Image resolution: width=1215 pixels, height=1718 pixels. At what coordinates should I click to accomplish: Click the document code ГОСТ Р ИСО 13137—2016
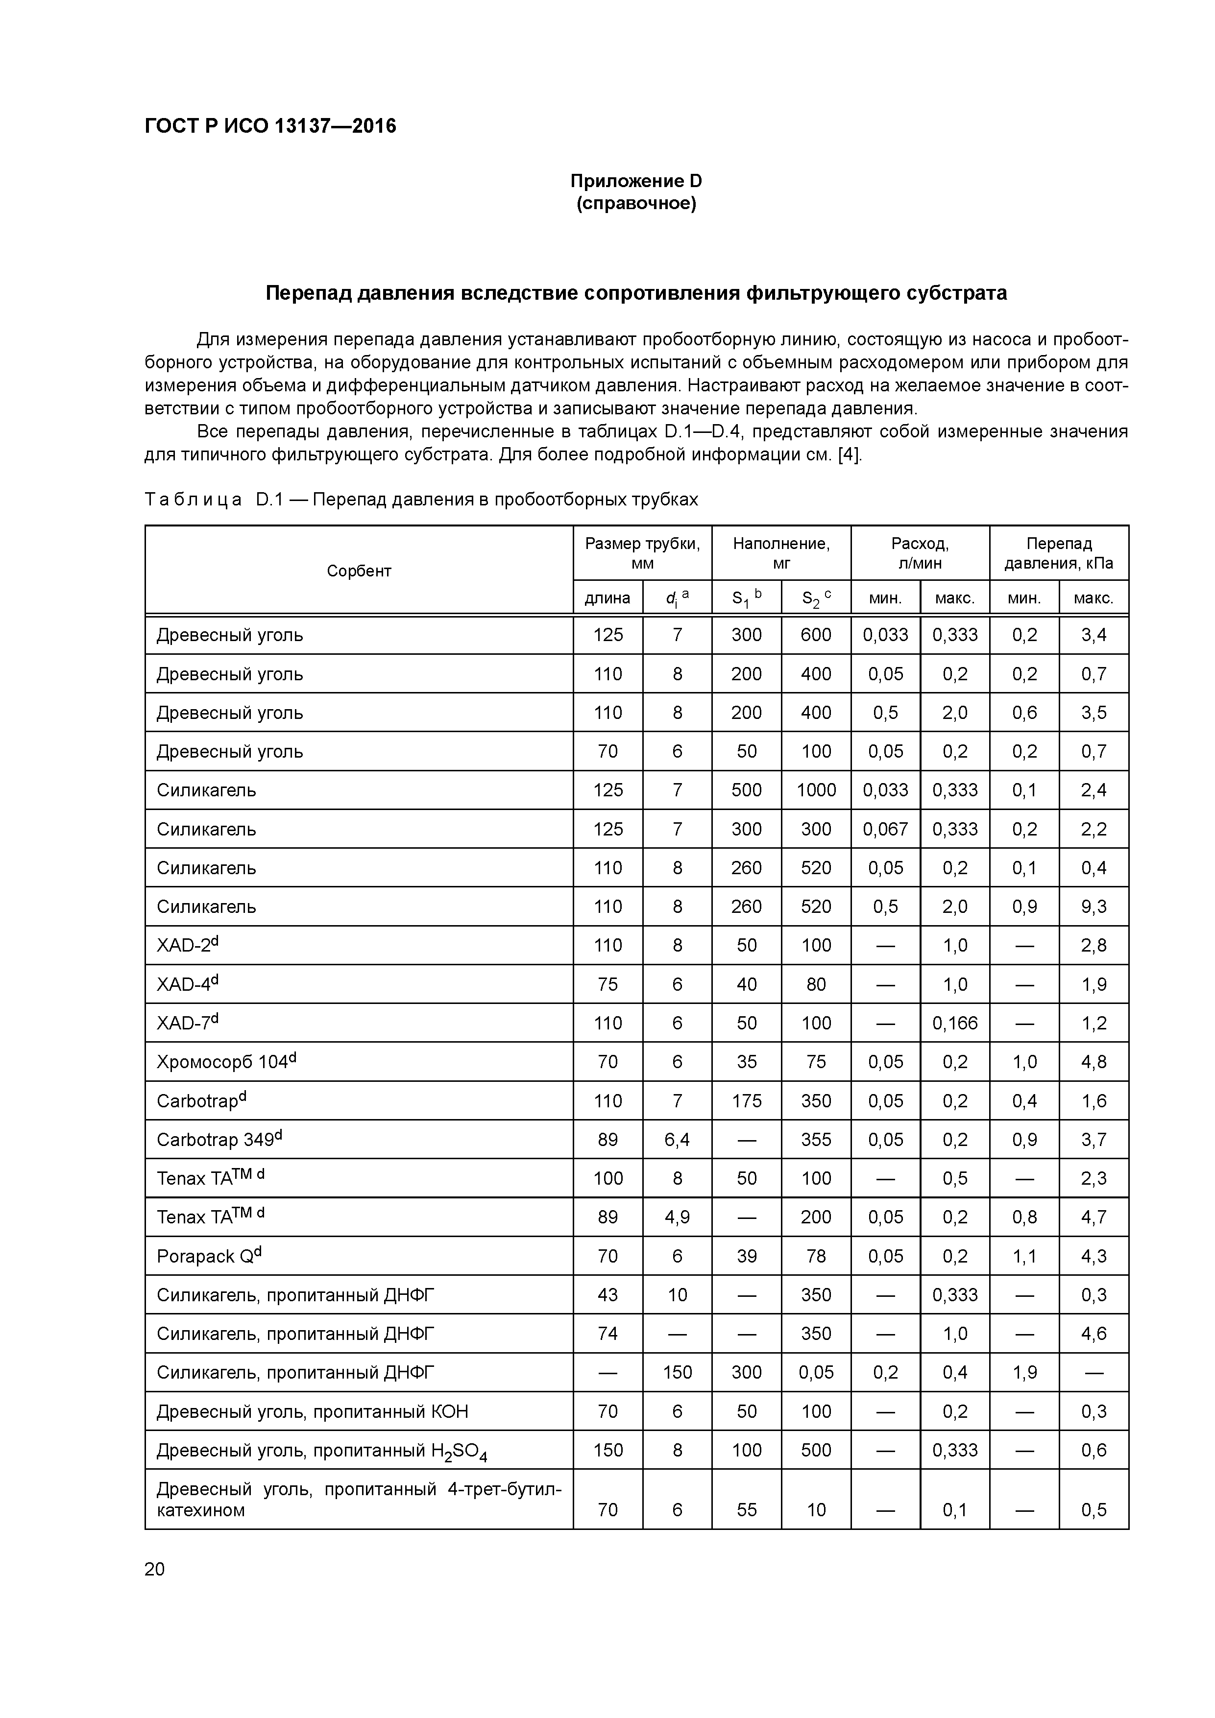(x=270, y=126)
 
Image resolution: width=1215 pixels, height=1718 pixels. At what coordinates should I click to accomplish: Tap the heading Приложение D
(x=635, y=181)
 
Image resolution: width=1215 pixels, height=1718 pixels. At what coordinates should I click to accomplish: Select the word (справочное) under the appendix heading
(x=635, y=204)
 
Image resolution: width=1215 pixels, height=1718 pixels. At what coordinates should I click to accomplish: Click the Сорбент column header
(x=359, y=571)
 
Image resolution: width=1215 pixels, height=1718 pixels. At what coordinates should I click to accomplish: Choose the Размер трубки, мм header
(x=642, y=553)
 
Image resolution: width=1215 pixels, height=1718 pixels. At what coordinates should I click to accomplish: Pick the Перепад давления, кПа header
(x=1059, y=553)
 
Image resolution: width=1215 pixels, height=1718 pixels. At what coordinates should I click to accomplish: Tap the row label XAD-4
(x=187, y=984)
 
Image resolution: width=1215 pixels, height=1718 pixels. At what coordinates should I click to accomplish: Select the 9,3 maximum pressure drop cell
(x=1093, y=907)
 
